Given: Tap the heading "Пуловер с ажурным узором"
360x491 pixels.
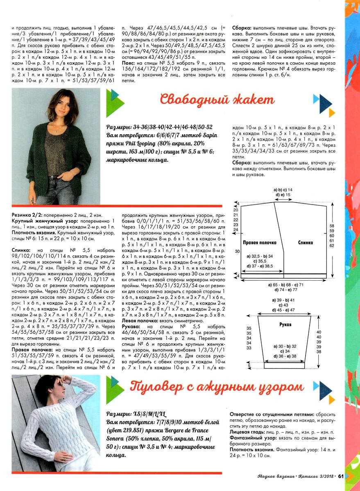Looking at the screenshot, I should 217,386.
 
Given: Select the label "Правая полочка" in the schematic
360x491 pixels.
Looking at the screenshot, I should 258,242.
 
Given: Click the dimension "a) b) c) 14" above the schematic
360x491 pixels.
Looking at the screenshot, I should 283,190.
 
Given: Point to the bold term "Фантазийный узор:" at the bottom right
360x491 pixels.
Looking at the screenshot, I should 251,437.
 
